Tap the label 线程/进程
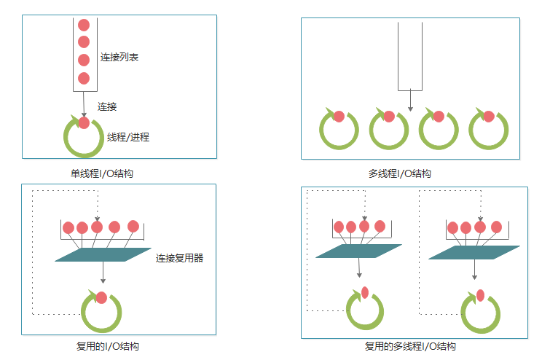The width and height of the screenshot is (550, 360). [x=127, y=136]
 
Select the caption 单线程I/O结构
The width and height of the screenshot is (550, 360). [x=101, y=174]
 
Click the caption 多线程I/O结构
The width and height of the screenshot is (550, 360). [x=400, y=174]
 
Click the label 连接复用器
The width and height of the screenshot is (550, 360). [x=179, y=257]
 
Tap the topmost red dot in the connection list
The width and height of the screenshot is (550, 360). [x=83, y=26]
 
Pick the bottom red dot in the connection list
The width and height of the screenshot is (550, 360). [x=83, y=78]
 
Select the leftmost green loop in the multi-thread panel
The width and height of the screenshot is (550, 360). [x=339, y=130]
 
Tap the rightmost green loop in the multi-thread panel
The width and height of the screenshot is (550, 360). [x=488, y=130]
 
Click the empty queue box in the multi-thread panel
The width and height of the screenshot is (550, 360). [x=410, y=55]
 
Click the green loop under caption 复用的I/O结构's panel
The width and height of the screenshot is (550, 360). [x=101, y=313]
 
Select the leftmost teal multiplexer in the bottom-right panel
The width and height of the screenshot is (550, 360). [x=359, y=251]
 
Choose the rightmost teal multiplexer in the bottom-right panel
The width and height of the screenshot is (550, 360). [x=474, y=251]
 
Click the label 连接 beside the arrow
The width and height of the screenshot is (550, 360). [x=107, y=106]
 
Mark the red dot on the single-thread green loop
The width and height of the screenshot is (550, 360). [x=84, y=122]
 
